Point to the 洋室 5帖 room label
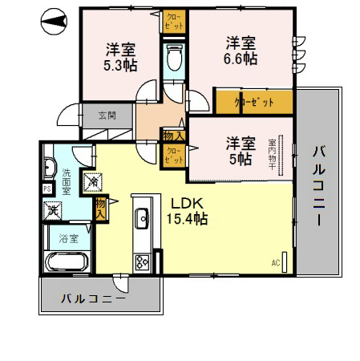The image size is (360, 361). pyautogui.click(x=240, y=150)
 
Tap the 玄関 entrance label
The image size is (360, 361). pyautogui.click(x=107, y=116)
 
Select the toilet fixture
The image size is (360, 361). pyautogui.click(x=172, y=57)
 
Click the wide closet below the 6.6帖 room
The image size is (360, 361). pyautogui.click(x=254, y=102)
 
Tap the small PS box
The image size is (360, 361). pyautogui.click(x=47, y=189)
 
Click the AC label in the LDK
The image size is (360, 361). pyautogui.click(x=276, y=262)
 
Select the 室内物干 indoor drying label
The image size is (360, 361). pyautogui.click(x=282, y=149)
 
